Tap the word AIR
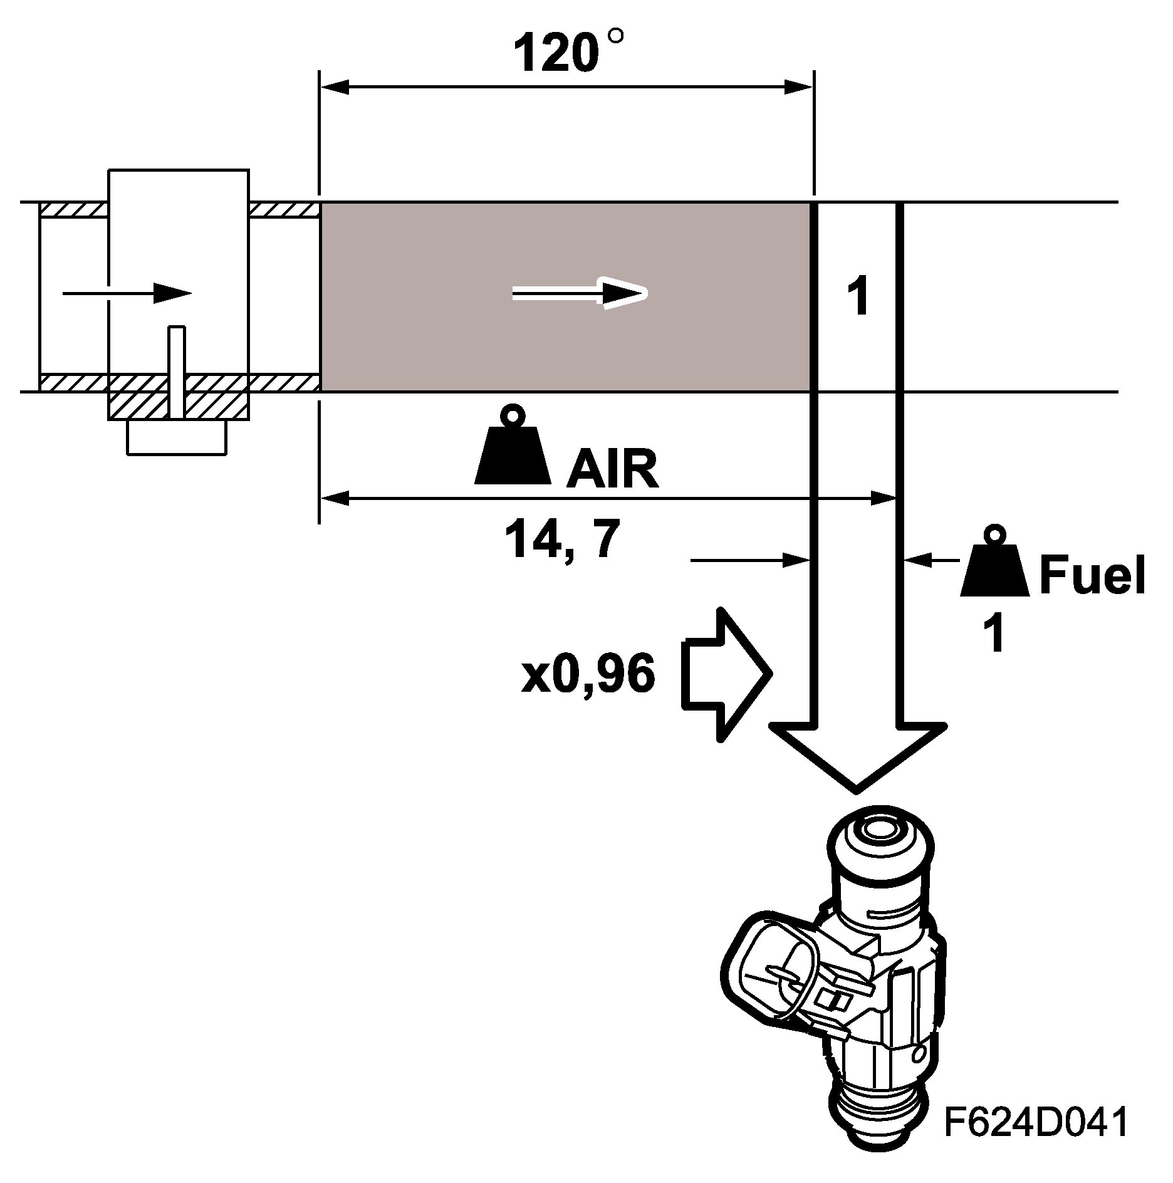pos(612,469)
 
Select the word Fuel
pos(1092,575)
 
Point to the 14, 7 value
pos(561,540)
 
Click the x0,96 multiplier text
pos(588,675)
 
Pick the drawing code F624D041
pos(1036,1122)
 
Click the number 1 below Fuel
pos(994,634)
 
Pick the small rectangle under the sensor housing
pos(176,437)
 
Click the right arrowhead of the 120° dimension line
pos(800,87)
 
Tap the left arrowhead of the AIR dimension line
pos(335,499)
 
